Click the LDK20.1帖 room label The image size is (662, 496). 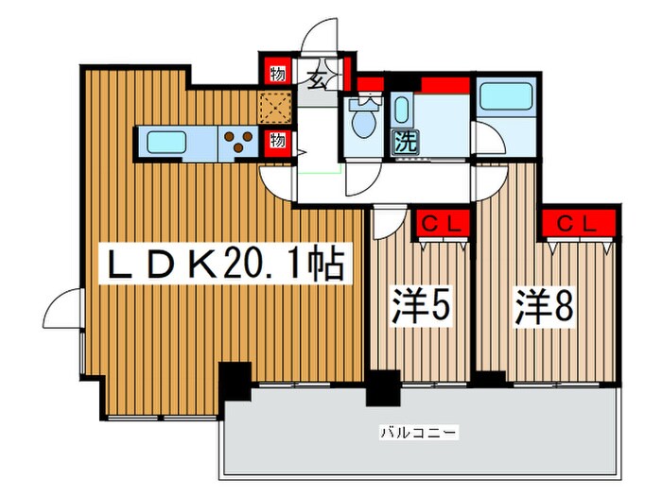click(x=224, y=266)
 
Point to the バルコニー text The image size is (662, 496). click(x=419, y=433)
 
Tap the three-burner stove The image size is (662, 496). click(x=240, y=142)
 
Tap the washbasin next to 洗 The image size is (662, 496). click(x=401, y=111)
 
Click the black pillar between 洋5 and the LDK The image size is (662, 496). click(x=385, y=387)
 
